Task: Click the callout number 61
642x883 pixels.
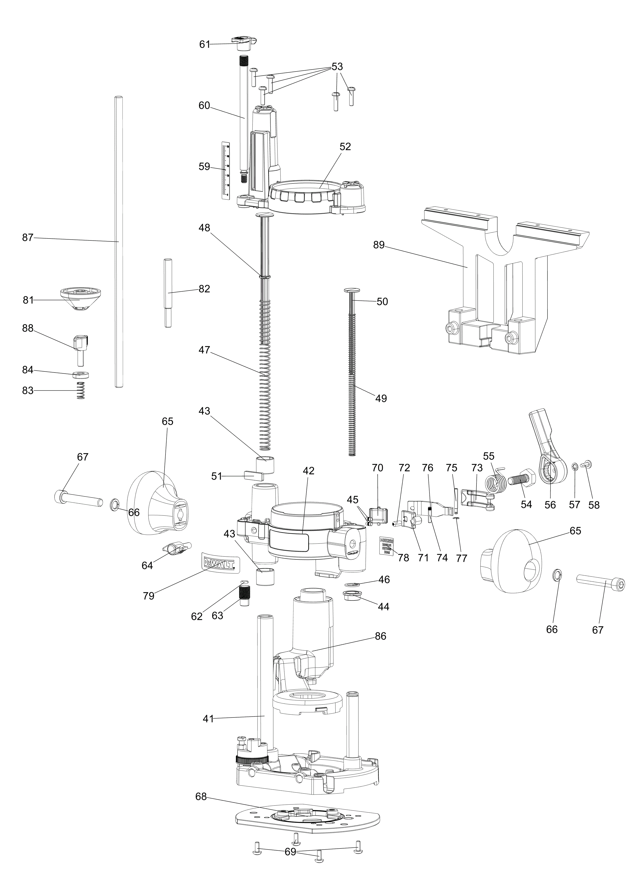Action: point(204,44)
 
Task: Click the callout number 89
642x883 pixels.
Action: point(379,245)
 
